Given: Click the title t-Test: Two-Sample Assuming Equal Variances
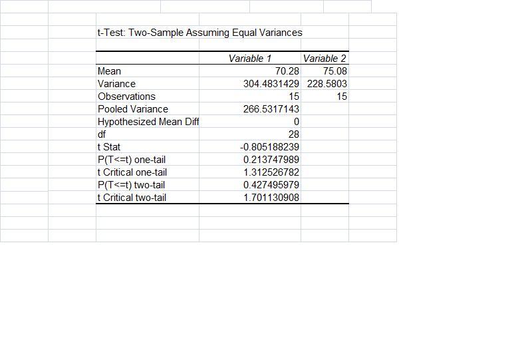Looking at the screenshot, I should click(199, 33).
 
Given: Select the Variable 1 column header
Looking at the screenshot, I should click(249, 59).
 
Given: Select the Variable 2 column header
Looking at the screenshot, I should click(325, 59).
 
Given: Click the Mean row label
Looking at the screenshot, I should click(109, 71).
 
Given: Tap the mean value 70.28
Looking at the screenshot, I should click(287, 71).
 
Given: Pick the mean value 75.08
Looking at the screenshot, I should click(335, 71).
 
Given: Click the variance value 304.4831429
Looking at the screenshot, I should click(271, 84).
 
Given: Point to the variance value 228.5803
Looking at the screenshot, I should click(326, 84).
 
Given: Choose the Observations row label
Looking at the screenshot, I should click(126, 96).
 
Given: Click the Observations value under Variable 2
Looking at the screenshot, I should click(341, 96).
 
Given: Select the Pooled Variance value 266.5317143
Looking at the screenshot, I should click(271, 109).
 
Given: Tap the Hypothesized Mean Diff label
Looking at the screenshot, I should click(148, 122).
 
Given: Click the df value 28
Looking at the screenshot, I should click(293, 134).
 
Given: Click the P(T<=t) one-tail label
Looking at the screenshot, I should click(132, 160).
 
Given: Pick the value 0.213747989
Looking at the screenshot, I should click(271, 160).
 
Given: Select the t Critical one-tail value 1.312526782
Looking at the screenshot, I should click(271, 172).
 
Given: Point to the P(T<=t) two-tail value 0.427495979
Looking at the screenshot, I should click(271, 185).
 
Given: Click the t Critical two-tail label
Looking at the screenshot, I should click(132, 198).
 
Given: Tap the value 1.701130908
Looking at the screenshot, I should click(271, 198).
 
